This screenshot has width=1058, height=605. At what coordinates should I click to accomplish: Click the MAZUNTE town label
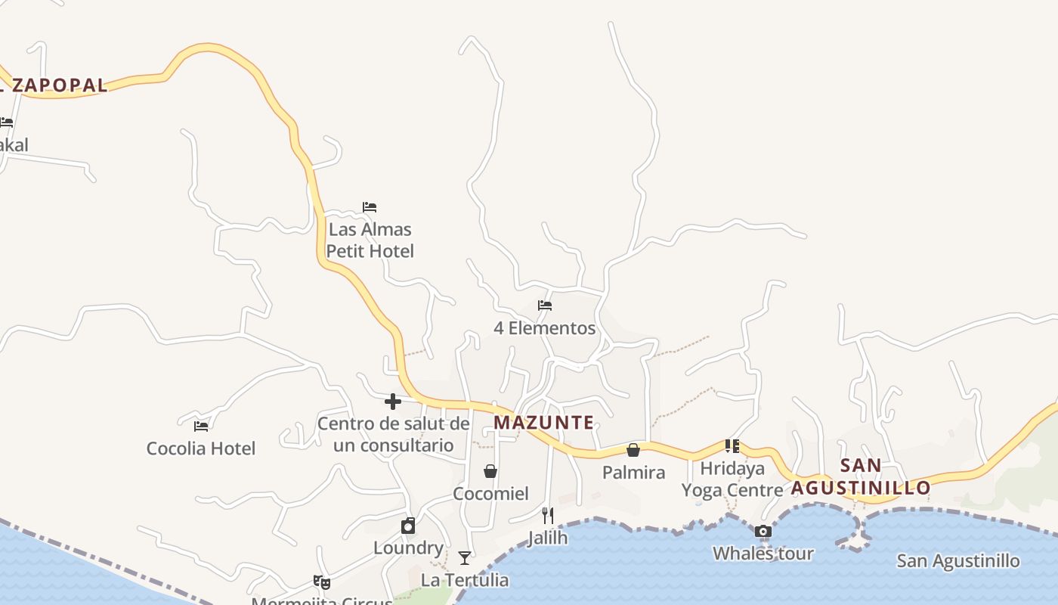tap(543, 422)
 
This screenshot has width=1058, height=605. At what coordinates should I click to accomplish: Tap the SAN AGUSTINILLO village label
tap(861, 476)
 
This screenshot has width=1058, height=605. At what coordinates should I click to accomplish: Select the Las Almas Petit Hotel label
tap(370, 240)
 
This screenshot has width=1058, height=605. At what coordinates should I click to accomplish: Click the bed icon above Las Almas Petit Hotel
tap(370, 206)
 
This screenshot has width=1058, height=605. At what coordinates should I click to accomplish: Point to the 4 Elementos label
tap(544, 328)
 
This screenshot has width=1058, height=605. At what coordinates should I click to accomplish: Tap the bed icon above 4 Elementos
tap(545, 306)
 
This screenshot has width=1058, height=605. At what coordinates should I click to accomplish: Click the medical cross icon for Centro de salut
tap(393, 402)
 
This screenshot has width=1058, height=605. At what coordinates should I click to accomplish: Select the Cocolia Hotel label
tap(201, 448)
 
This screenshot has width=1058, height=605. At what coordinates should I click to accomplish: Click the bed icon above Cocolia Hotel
tap(201, 426)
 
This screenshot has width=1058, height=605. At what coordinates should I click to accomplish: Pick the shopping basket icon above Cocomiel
tap(490, 471)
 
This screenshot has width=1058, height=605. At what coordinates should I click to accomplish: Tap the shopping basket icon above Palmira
tap(633, 450)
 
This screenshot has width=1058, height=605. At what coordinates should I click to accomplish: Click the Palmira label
tap(633, 473)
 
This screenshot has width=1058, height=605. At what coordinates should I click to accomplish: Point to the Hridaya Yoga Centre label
tap(732, 479)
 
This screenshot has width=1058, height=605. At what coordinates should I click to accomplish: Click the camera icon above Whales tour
tap(763, 531)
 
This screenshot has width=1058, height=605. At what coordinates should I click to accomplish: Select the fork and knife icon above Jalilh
tap(548, 516)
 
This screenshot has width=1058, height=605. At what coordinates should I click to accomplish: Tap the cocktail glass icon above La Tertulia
tap(465, 558)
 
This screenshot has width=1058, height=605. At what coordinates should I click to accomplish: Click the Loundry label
tap(408, 548)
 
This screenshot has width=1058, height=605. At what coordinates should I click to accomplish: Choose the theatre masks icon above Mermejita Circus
tap(322, 582)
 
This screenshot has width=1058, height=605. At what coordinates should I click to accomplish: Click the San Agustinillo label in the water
tap(957, 561)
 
